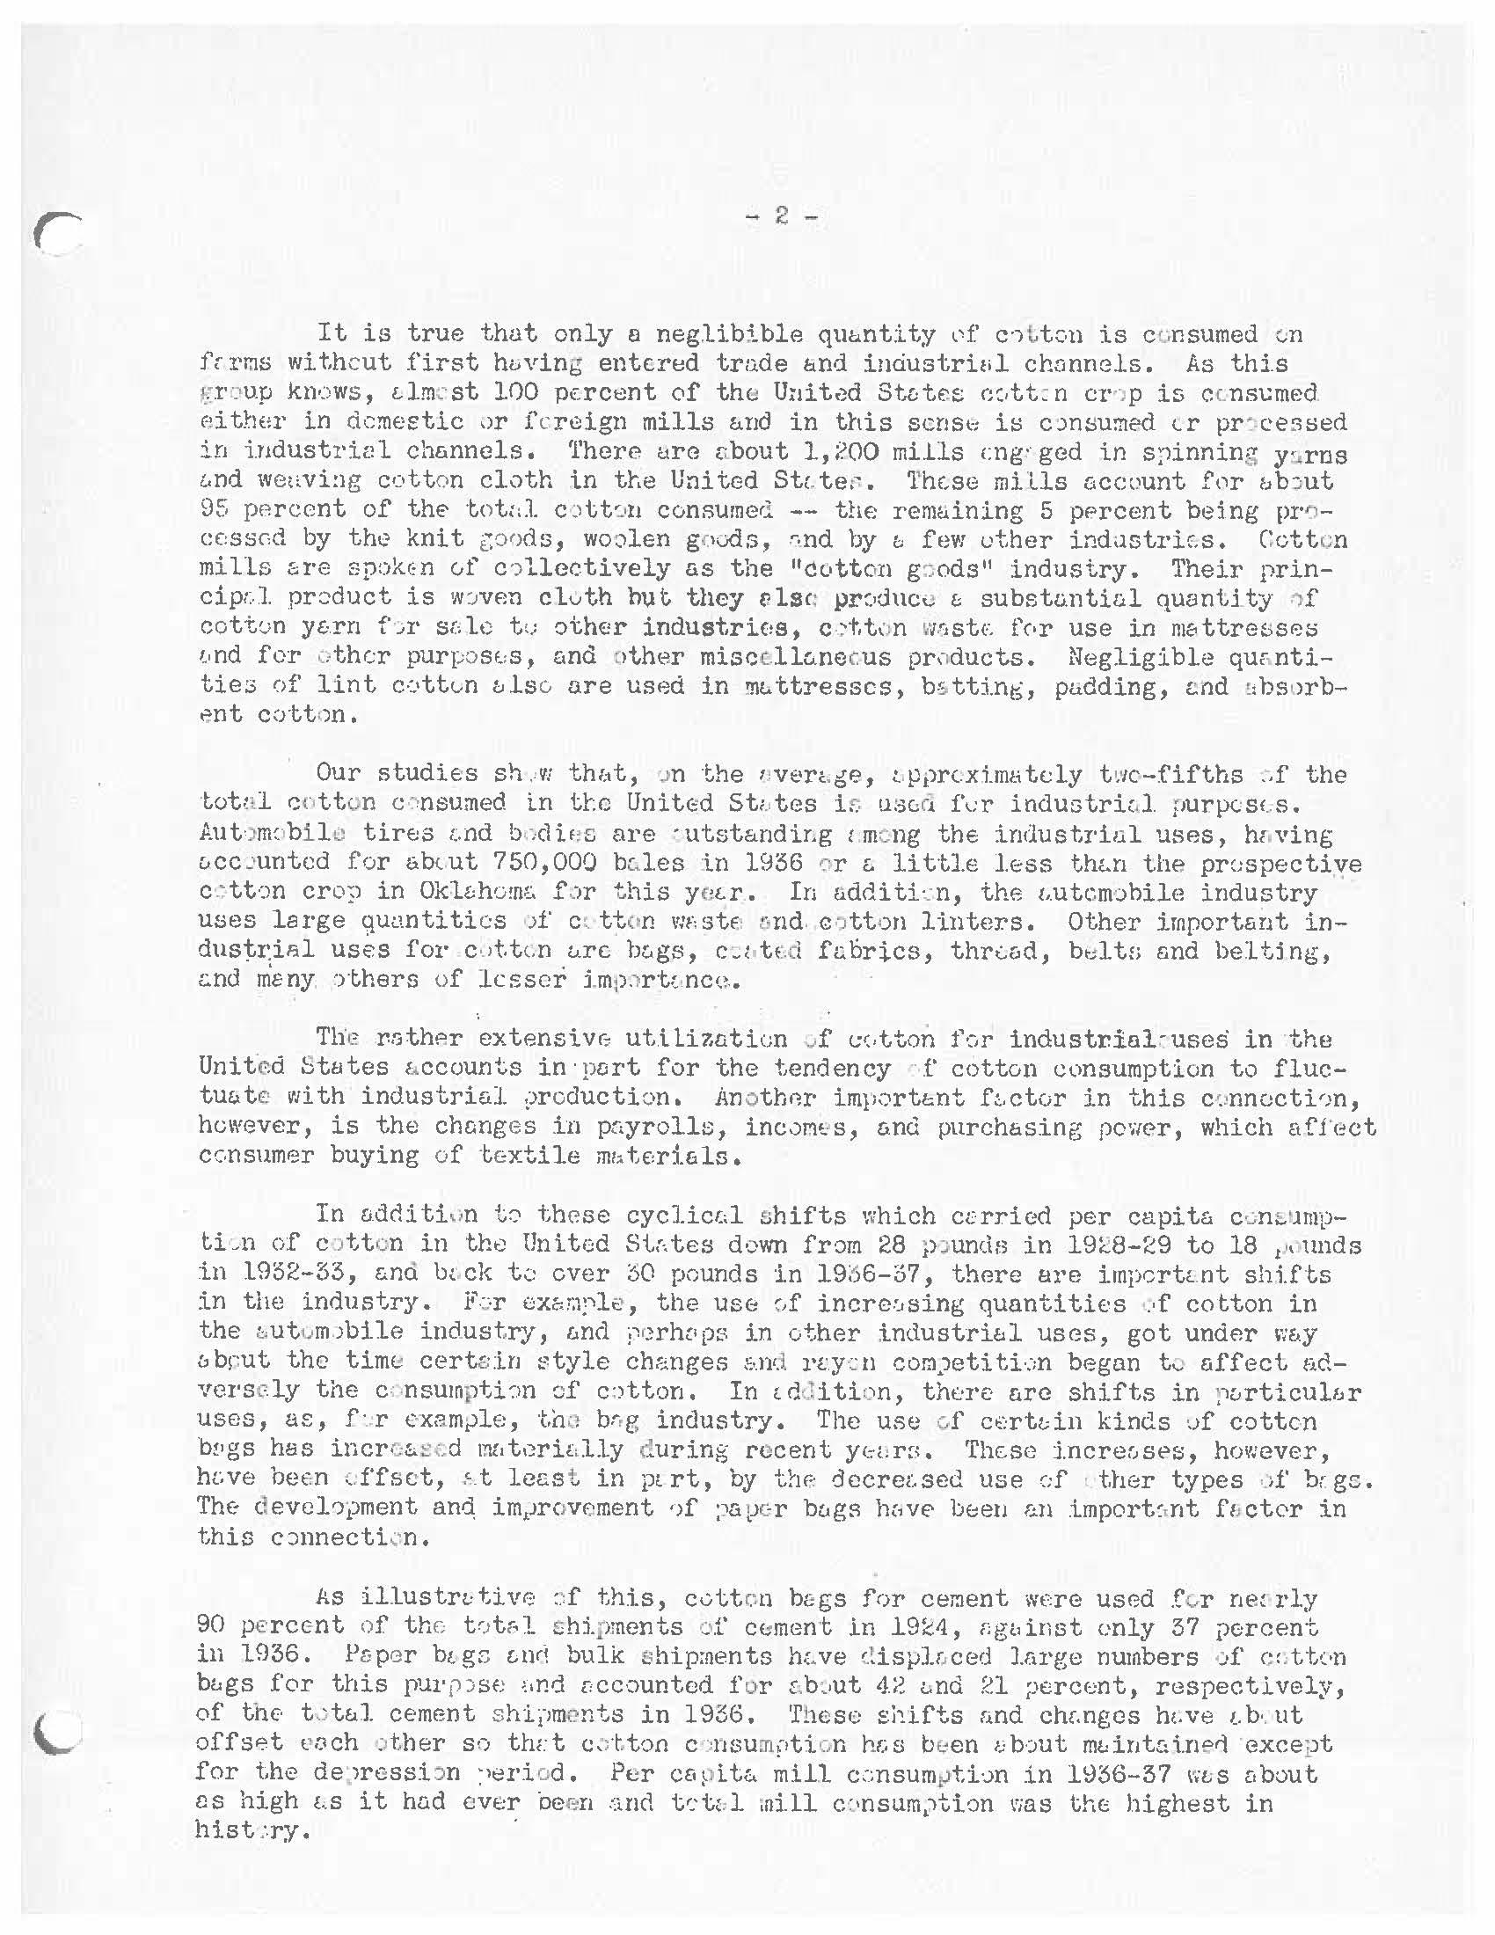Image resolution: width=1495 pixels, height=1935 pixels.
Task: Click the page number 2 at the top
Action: [x=780, y=215]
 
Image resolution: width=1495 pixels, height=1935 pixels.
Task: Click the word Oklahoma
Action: [x=548, y=892]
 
